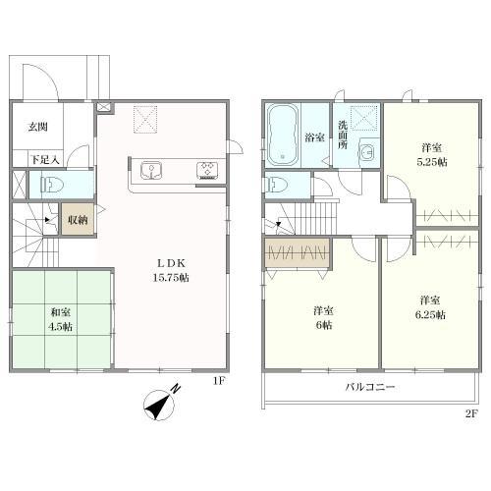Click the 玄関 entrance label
(x=38, y=127)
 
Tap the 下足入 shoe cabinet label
(x=45, y=160)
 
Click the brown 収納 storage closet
(x=78, y=219)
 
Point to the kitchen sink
(x=150, y=171)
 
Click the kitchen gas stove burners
(x=207, y=170)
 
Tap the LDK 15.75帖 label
(x=171, y=270)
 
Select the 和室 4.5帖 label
(x=61, y=319)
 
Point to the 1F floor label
(x=219, y=381)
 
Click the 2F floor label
(x=471, y=413)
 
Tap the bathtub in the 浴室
(x=283, y=135)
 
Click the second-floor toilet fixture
(x=278, y=186)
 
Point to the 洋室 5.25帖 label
(x=432, y=155)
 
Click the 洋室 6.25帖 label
(x=430, y=307)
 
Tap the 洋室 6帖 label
(x=323, y=318)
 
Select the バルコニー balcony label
(x=370, y=387)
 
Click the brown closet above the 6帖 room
(x=297, y=252)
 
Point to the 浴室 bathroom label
(x=314, y=137)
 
